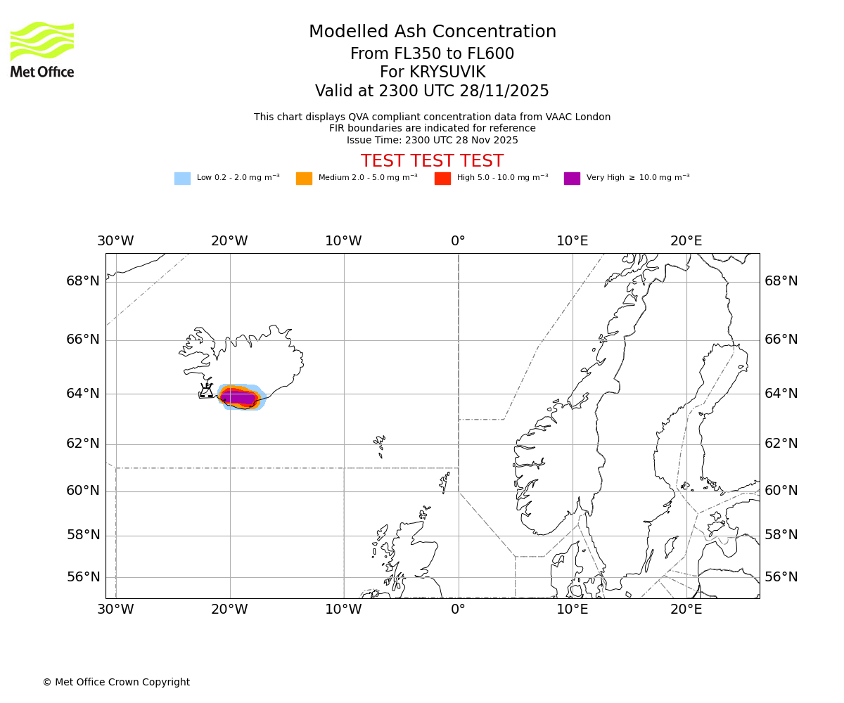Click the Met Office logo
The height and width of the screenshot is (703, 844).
point(42,49)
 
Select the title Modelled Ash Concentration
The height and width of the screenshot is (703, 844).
point(432,32)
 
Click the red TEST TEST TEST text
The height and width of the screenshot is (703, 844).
point(432,161)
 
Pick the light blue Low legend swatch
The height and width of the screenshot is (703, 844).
point(182,179)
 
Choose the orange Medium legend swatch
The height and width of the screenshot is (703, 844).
point(304,179)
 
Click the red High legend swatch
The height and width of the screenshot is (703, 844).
point(442,179)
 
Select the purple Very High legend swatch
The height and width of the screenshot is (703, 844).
point(572,179)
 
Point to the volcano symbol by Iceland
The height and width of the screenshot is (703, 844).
point(206,391)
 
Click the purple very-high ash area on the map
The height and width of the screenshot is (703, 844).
point(238,398)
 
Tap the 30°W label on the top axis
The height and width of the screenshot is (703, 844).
point(115,241)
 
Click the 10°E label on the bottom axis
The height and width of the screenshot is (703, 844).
point(572,610)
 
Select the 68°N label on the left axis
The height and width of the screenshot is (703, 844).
point(83,281)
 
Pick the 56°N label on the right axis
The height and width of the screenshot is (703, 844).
point(781,577)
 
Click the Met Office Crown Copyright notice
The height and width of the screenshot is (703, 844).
point(116,682)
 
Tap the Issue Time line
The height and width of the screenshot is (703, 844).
point(432,140)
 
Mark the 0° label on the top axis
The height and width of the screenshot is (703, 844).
point(458,241)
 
